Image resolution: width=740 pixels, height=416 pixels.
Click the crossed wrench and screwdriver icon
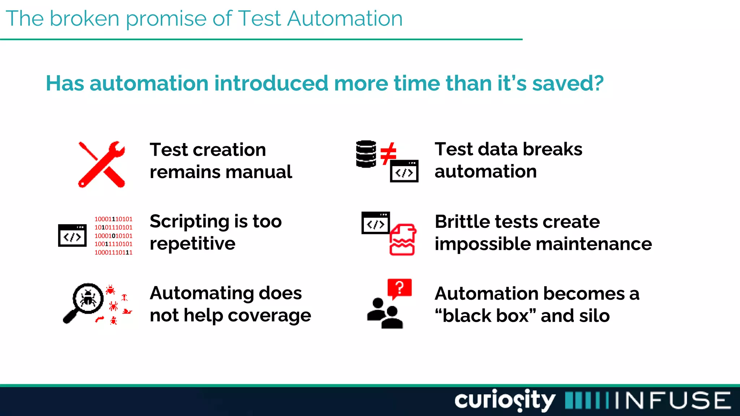(x=102, y=164)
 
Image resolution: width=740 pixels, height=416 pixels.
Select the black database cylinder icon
(x=366, y=154)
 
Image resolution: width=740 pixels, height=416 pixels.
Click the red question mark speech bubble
(x=399, y=289)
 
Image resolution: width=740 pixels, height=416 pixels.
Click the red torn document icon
(x=403, y=239)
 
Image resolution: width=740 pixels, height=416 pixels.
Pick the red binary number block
(x=113, y=236)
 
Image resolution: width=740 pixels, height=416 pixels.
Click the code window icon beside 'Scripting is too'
(x=72, y=235)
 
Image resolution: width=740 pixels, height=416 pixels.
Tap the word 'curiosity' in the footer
(x=504, y=400)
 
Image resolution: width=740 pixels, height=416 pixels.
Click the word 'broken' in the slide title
(x=85, y=19)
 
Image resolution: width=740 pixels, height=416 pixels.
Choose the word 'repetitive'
(x=193, y=244)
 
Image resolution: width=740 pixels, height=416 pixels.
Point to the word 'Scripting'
(x=190, y=222)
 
